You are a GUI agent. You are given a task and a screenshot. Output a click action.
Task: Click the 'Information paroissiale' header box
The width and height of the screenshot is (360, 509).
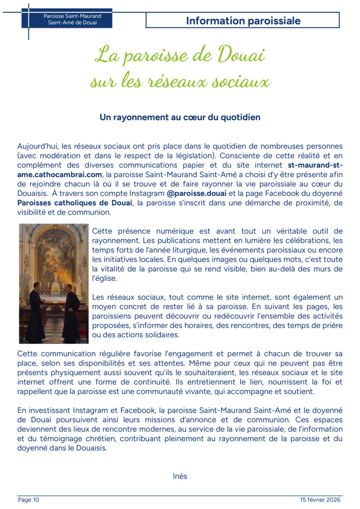pyautogui.click(x=243, y=20)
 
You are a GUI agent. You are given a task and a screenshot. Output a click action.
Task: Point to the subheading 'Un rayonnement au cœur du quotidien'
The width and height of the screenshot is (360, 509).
pyautogui.click(x=180, y=117)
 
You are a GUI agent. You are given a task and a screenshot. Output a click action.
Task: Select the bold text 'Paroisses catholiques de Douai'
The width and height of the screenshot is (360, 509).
pyautogui.click(x=75, y=203)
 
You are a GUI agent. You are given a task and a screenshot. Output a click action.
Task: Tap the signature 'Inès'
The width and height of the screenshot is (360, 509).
pyautogui.click(x=180, y=476)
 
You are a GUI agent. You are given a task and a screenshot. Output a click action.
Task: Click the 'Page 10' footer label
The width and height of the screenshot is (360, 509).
pyautogui.click(x=28, y=500)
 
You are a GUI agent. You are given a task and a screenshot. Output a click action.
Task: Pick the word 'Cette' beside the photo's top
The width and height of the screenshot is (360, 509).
pyautogui.click(x=102, y=231)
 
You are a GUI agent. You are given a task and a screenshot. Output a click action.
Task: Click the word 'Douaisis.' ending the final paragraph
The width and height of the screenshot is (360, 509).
pyautogui.click(x=92, y=447)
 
